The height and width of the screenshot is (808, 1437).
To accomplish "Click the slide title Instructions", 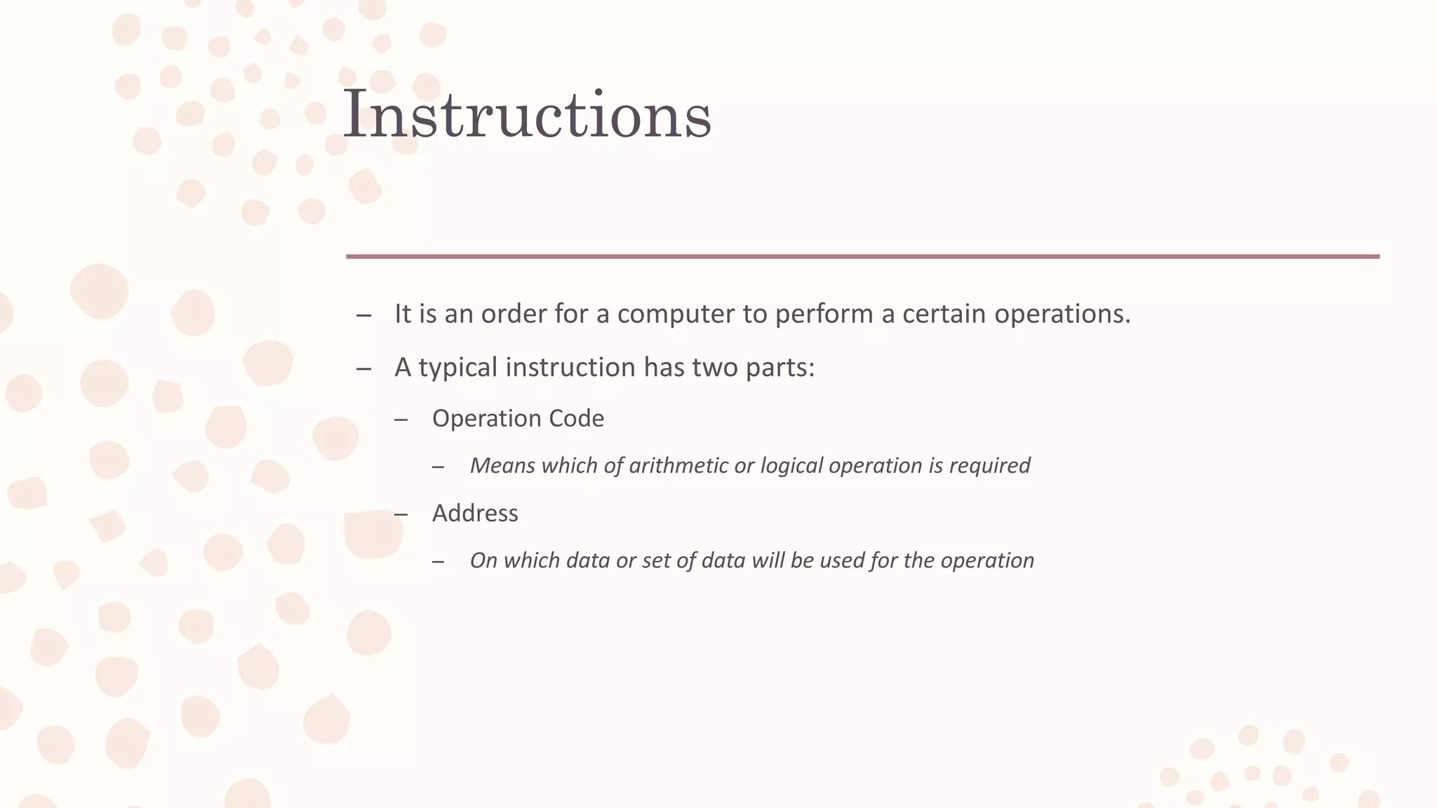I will pos(527,114).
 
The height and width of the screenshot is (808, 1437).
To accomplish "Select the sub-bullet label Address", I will pos(475,513).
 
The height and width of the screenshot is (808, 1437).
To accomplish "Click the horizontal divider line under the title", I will pos(862,257).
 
